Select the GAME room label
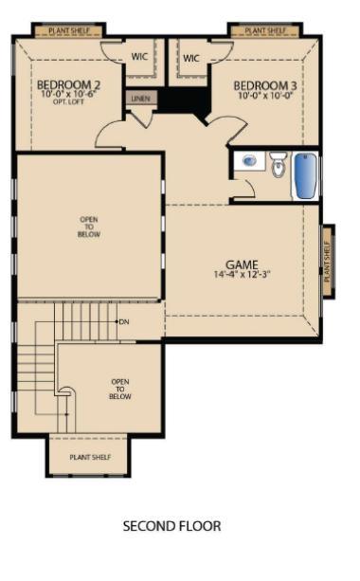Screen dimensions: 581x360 pos(242,264)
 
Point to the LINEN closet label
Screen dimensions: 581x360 pos(141,98)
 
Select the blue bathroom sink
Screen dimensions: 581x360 pos(249,161)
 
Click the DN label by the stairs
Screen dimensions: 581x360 pos(124,322)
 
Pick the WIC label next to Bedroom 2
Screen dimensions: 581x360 pos(139,58)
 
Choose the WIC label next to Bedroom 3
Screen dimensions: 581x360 pos(191,58)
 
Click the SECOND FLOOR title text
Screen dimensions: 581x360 pos(172,525)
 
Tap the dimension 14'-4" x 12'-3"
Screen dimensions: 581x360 pos(242,276)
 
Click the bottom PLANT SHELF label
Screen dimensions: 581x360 pos(90,457)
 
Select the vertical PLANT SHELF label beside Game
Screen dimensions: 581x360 pos(328,260)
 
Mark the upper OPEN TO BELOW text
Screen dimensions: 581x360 pos(89,227)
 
